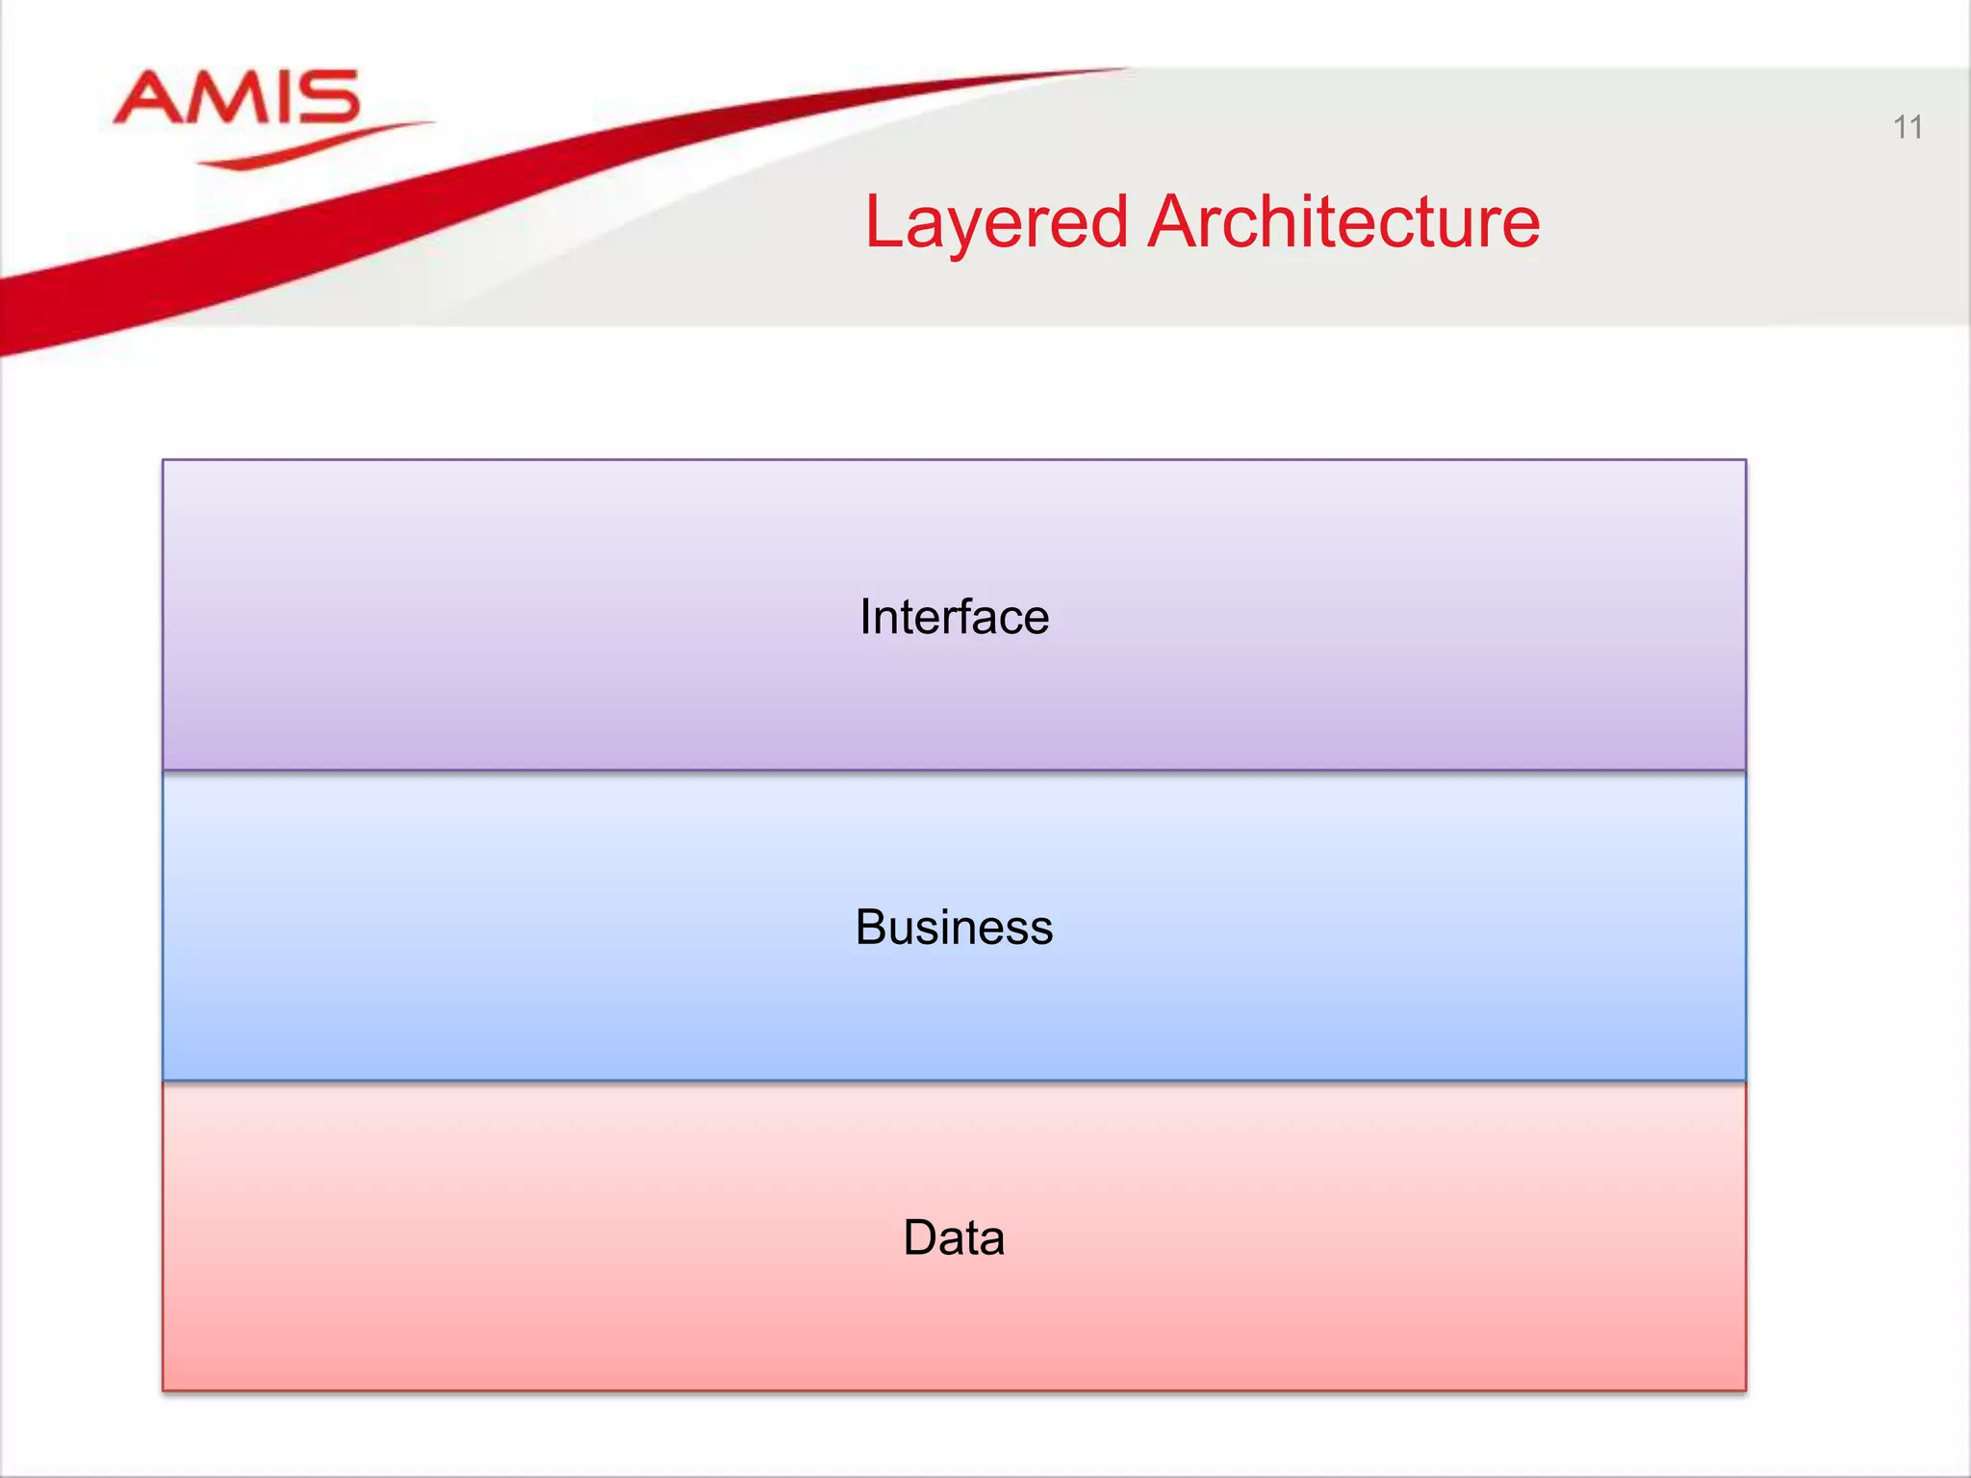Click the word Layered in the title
[996, 223]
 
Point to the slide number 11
[1907, 127]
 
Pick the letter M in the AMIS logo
[223, 98]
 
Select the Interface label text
[954, 617]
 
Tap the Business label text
[954, 928]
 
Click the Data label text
[954, 1237]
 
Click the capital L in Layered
[882, 222]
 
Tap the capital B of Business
[872, 928]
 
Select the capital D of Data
[921, 1237]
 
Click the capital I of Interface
[865, 617]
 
